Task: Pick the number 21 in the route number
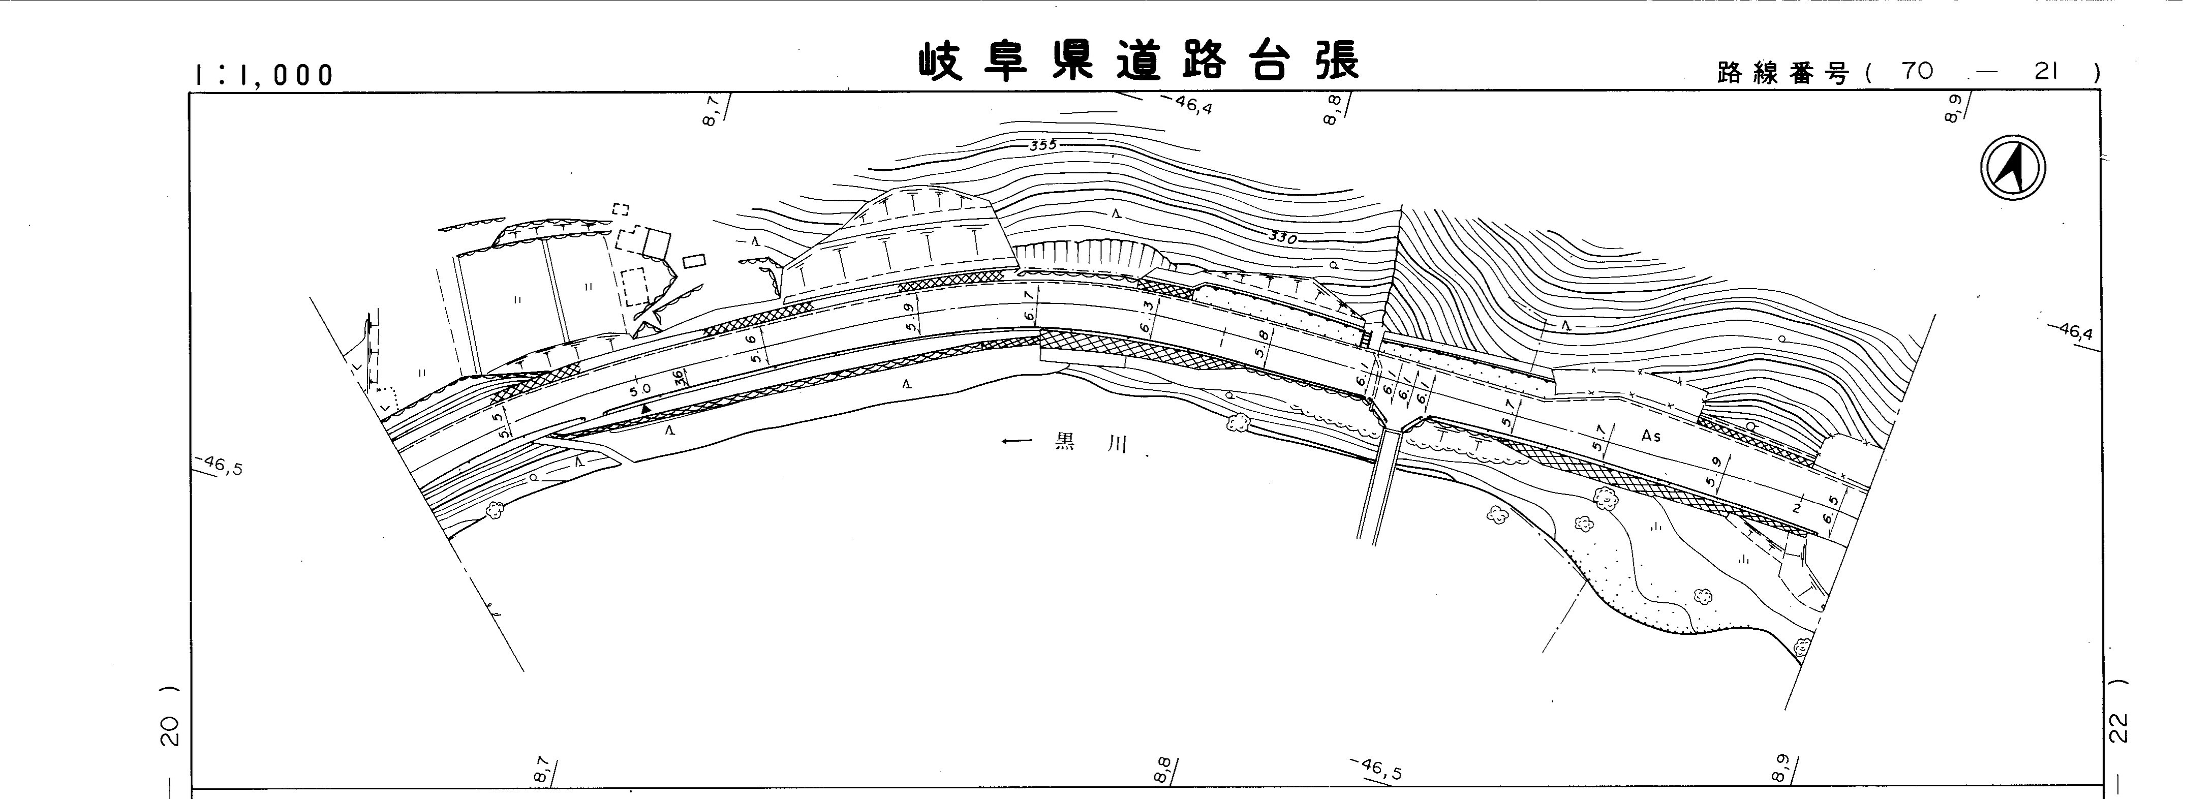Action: (x=2046, y=71)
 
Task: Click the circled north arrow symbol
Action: (x=2013, y=168)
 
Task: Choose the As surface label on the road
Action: (x=1650, y=437)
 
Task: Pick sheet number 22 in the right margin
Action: (x=2119, y=728)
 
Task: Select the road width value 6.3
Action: (x=1147, y=316)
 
